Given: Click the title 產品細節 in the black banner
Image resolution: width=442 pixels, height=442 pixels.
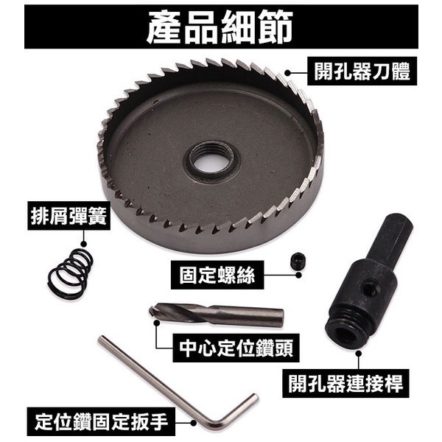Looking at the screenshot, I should (220, 27).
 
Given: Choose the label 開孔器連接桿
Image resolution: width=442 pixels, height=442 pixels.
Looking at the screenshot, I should (345, 384).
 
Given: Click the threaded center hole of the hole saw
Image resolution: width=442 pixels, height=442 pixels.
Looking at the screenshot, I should (211, 158).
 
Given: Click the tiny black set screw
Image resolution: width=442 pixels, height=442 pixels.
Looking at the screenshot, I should (298, 260).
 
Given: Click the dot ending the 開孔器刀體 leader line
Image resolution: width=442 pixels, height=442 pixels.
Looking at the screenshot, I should (290, 73).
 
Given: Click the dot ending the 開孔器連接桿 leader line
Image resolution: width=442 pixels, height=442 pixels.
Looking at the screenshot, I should (359, 353).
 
